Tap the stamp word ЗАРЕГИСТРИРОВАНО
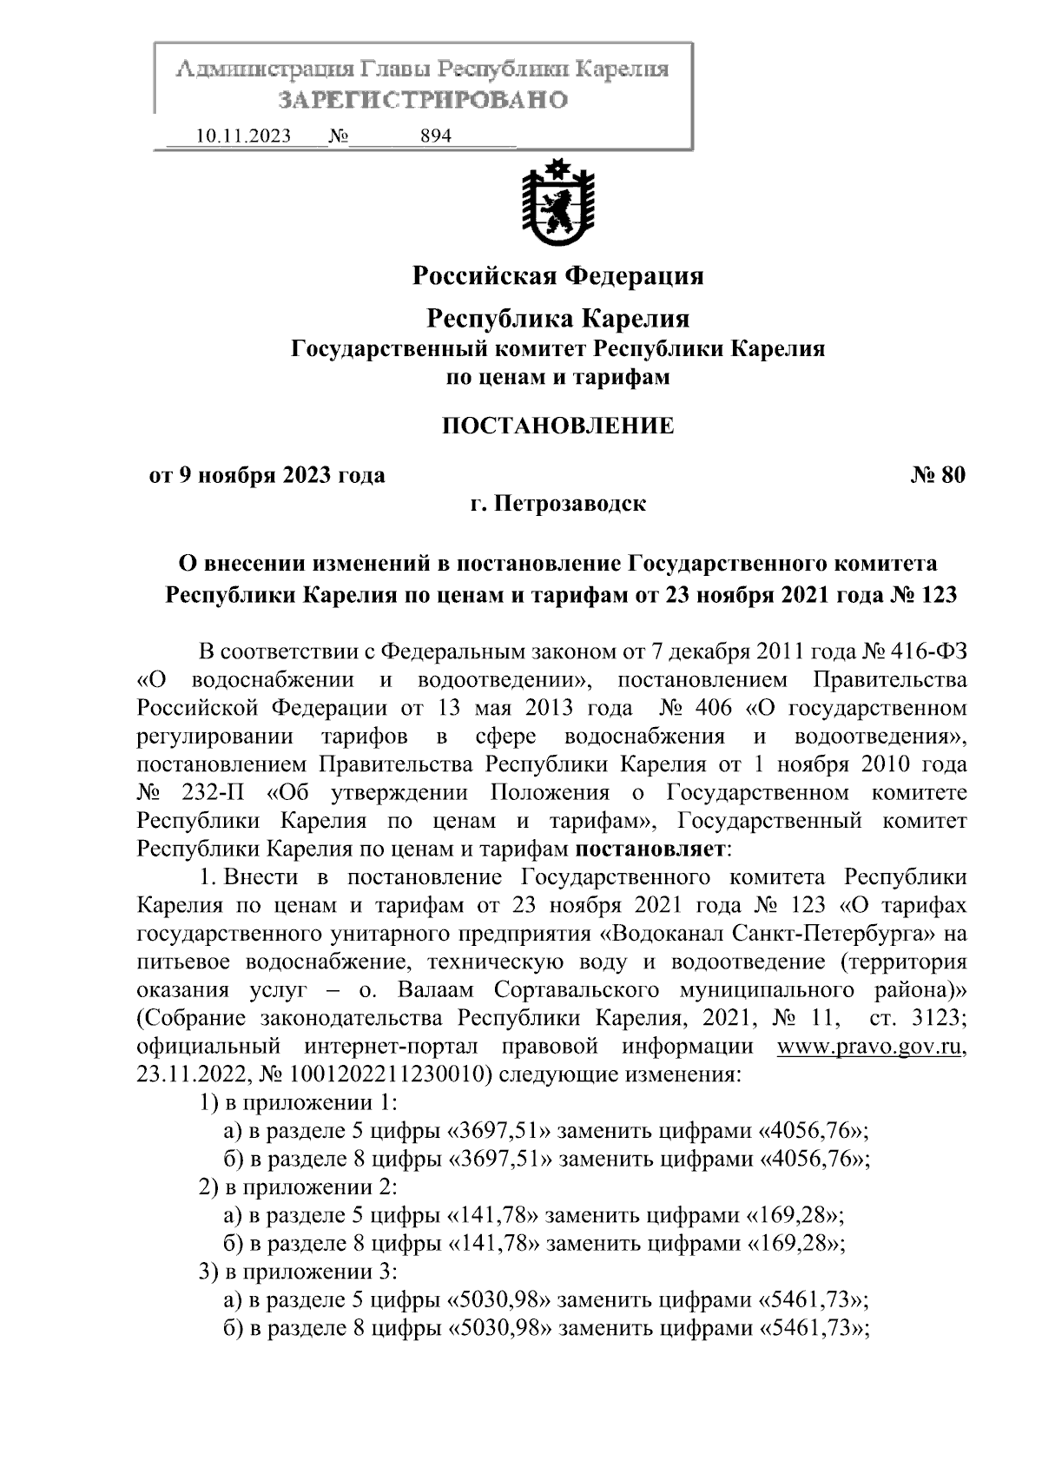[422, 101]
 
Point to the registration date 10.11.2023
[244, 136]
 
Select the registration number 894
[435, 136]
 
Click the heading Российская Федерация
[557, 276]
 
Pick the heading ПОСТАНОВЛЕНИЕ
[557, 426]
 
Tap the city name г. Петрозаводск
[557, 504]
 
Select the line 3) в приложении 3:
[298, 1272]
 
